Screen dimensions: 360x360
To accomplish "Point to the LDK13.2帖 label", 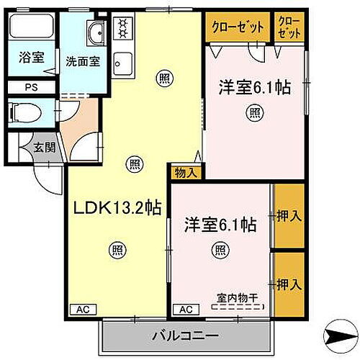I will coord(118,207).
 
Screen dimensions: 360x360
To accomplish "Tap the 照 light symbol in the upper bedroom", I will coord(254,112).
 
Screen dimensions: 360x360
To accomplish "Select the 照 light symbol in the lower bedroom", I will coord(219,251).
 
